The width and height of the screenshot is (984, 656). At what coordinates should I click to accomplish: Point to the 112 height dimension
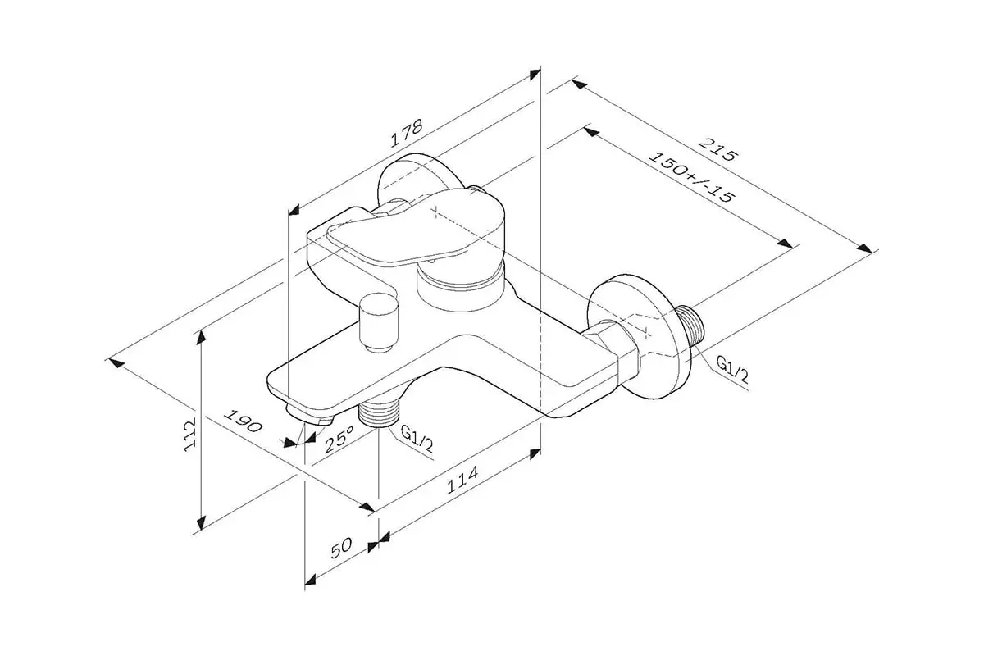(x=189, y=432)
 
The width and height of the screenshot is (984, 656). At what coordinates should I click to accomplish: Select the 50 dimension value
(x=342, y=546)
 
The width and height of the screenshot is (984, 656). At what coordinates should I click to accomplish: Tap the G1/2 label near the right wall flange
(x=731, y=371)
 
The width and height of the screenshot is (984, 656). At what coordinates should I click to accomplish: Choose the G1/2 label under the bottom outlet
(x=416, y=440)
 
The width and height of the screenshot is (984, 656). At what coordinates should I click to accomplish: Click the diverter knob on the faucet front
(x=379, y=321)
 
